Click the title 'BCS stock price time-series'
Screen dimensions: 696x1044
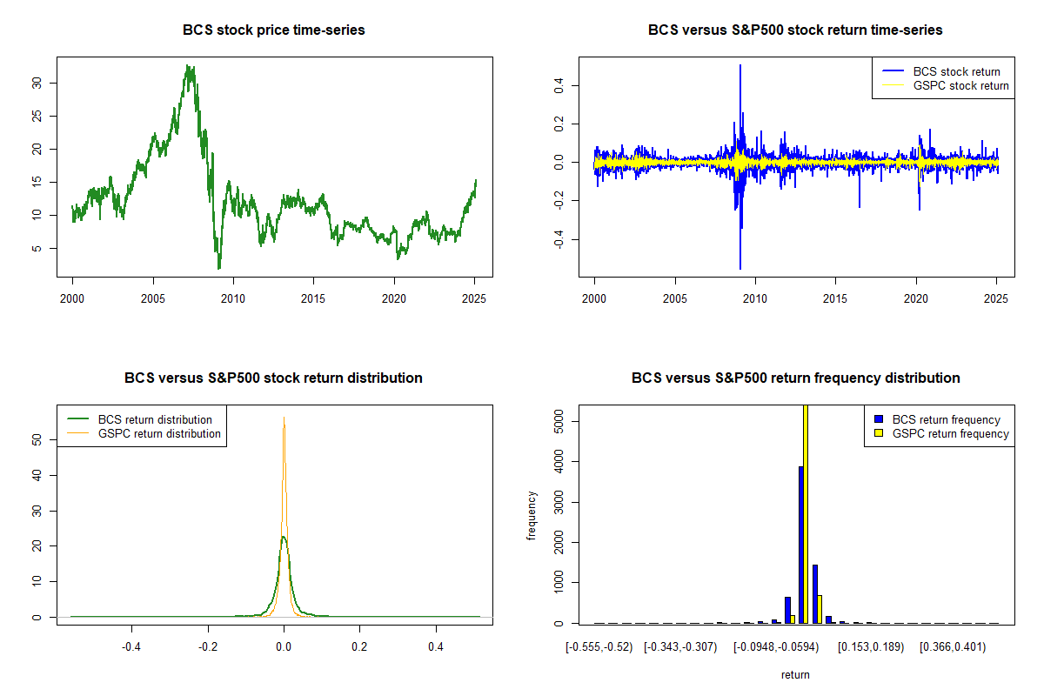[x=274, y=30]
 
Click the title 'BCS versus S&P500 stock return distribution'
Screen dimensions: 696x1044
[x=274, y=378]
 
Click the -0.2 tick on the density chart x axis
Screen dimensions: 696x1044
[x=207, y=646]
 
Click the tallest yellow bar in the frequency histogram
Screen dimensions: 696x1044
[x=805, y=513]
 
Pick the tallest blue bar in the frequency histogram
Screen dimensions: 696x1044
[x=800, y=545]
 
